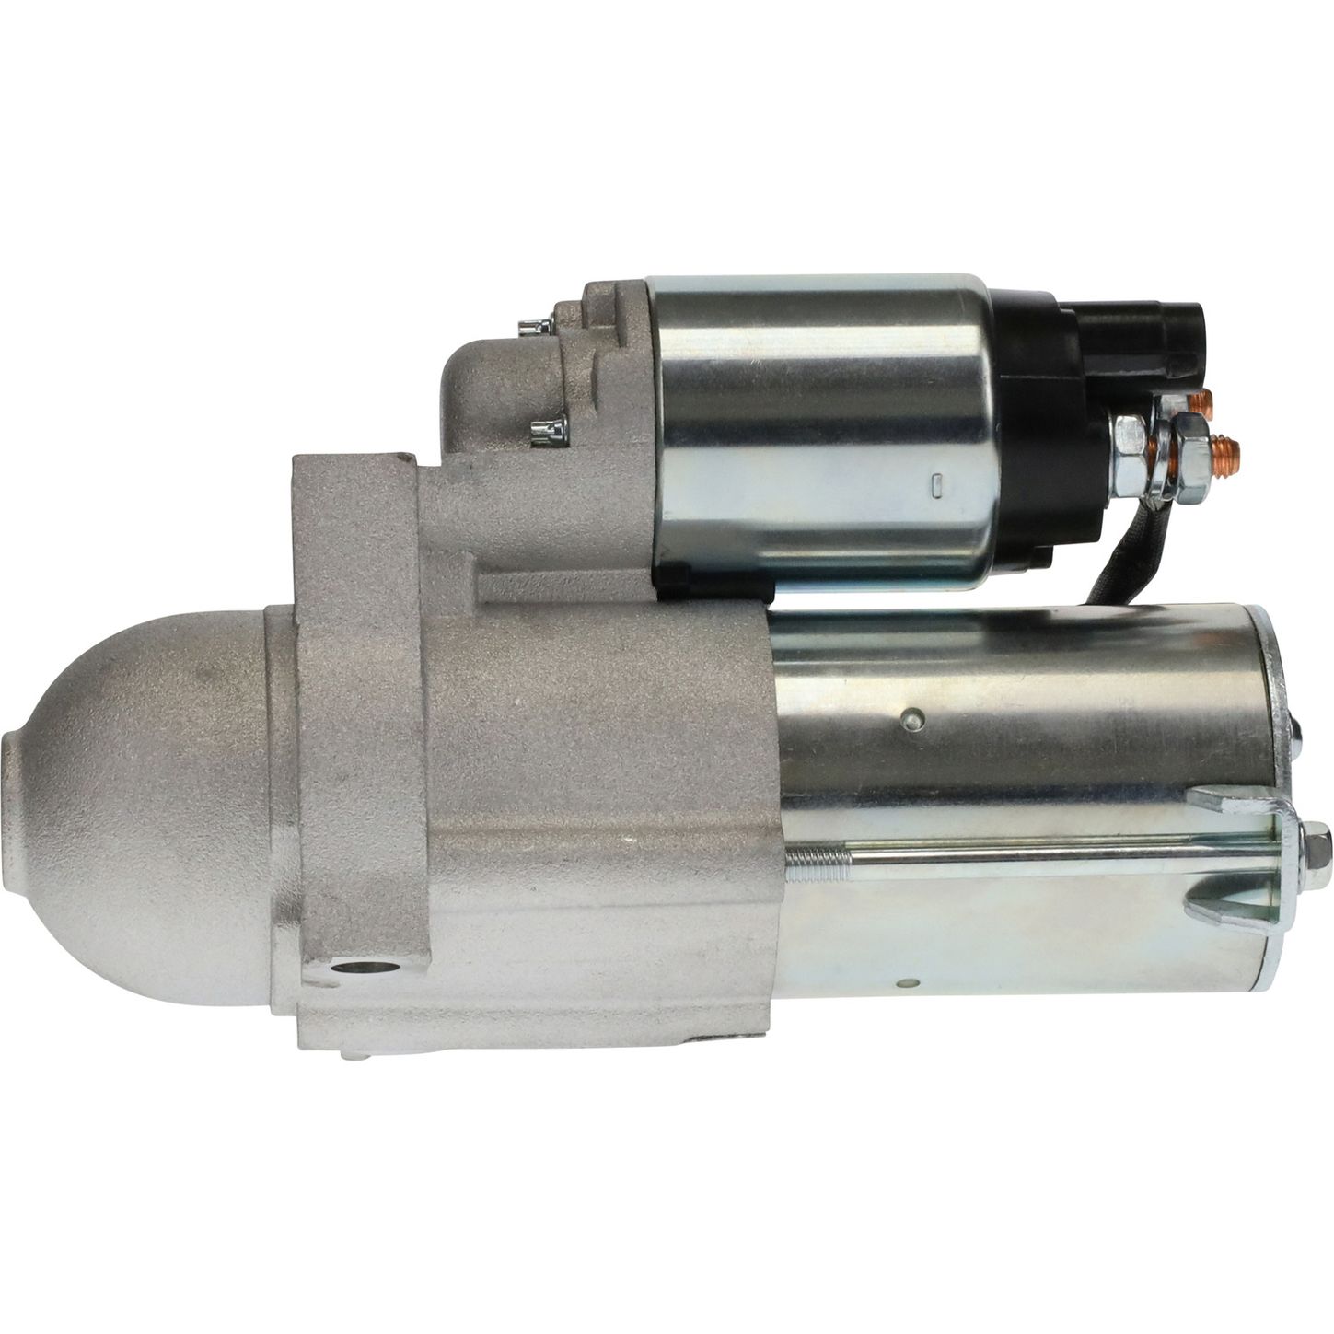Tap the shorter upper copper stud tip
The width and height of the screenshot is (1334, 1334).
click(1201, 402)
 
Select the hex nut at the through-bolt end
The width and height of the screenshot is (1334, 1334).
click(1315, 841)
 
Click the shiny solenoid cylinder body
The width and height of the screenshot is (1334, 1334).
click(819, 423)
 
